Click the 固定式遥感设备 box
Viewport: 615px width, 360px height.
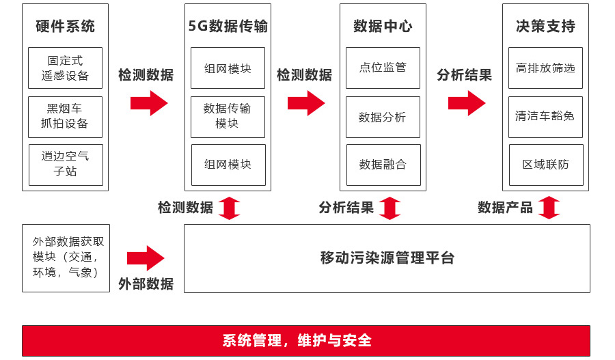point(65,68)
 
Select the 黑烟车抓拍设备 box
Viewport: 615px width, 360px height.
point(65,117)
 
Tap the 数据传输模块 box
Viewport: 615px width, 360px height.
point(228,116)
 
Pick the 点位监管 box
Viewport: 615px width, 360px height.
point(383,68)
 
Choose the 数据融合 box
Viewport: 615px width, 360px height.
point(383,165)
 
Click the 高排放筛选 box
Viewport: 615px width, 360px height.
point(545,68)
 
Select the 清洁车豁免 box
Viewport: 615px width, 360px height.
point(545,116)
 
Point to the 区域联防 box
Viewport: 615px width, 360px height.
point(545,165)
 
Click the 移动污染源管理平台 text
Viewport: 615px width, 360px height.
point(387,258)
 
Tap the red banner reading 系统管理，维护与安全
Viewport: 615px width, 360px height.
point(306,340)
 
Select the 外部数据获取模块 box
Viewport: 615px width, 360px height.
point(66,258)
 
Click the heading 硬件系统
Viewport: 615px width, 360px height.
point(65,27)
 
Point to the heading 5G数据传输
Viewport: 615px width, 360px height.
point(228,27)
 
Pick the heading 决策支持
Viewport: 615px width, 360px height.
point(545,27)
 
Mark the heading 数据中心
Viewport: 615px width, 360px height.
point(383,27)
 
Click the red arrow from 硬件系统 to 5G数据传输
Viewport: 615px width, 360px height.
point(149,103)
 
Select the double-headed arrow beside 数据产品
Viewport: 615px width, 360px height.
point(549,208)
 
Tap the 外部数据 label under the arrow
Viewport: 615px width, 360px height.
point(146,283)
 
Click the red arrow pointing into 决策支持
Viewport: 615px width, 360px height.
point(467,103)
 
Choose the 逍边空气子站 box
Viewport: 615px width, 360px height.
point(66,165)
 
